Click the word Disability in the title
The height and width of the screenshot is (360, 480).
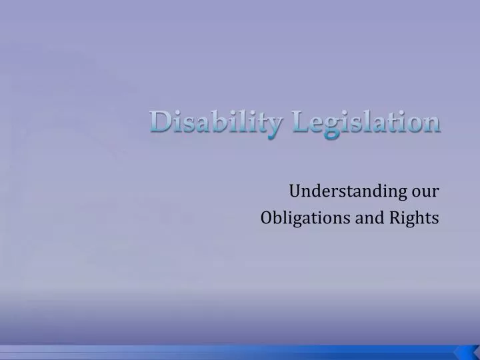(211, 123)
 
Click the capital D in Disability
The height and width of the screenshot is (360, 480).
(159, 122)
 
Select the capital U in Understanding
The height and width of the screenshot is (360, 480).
(295, 192)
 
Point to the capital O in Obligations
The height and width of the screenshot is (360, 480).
(267, 218)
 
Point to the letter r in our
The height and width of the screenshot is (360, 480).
(435, 193)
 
